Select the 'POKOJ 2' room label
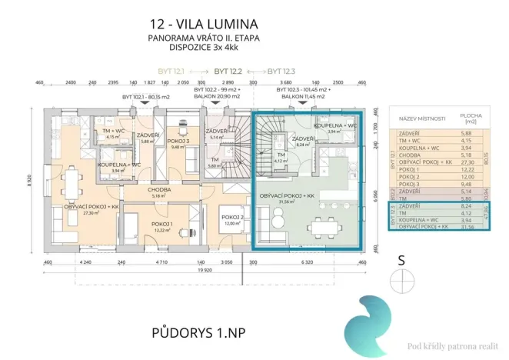tap(235, 217)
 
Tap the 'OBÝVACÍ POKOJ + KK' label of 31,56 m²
tap(288, 197)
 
